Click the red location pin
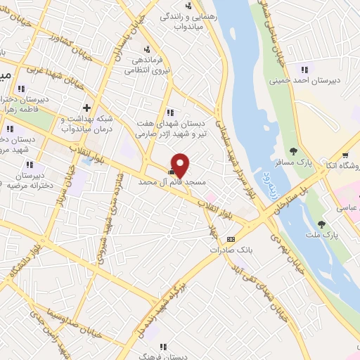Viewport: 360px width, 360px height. [181, 165]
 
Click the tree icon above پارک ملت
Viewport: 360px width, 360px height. [321, 224]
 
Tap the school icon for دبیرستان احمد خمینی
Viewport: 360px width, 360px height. [304, 69]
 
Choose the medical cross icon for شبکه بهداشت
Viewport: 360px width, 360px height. [86, 108]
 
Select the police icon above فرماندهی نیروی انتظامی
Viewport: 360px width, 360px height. [147, 49]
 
